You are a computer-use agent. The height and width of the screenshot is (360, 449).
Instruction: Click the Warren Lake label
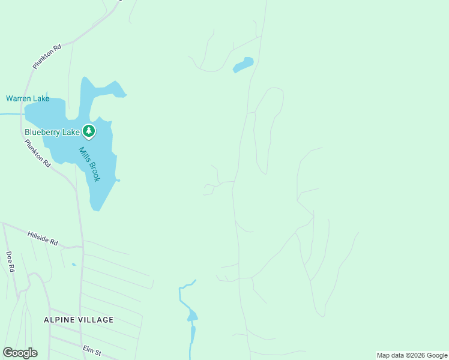click(28, 98)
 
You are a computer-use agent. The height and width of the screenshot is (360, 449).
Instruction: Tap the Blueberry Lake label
click(52, 132)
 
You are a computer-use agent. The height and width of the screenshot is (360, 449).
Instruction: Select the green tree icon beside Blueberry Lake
click(89, 130)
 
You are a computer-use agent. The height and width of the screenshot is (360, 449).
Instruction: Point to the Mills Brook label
click(89, 163)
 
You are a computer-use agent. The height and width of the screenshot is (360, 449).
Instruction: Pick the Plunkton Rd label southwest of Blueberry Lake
click(37, 154)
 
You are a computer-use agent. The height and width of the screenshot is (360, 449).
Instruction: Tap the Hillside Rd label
click(43, 238)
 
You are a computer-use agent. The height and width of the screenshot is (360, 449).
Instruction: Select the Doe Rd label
click(10, 262)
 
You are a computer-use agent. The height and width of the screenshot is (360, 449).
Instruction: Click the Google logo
click(20, 353)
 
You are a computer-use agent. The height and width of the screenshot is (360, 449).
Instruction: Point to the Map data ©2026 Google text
click(412, 355)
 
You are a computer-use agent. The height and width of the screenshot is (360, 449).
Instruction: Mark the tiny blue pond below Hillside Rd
click(73, 264)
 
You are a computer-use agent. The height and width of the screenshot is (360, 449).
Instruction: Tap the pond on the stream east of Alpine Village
click(192, 316)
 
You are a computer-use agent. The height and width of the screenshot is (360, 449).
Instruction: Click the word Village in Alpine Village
click(97, 320)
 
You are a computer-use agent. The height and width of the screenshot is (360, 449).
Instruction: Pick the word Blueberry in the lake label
click(42, 132)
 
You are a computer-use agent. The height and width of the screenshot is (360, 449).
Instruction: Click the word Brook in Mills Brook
click(93, 170)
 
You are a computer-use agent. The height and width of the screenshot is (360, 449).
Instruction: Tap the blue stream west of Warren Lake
click(10, 113)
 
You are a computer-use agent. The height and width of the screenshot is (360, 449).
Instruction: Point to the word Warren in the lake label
click(18, 98)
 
